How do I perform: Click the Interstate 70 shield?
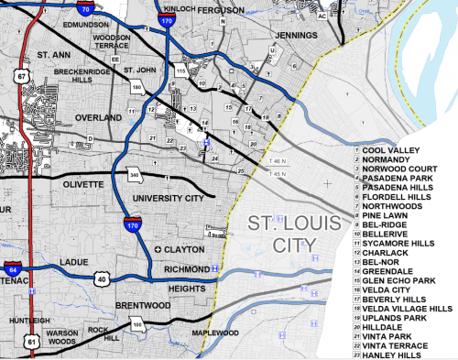click(84, 8)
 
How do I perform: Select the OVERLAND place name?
click(99, 118)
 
